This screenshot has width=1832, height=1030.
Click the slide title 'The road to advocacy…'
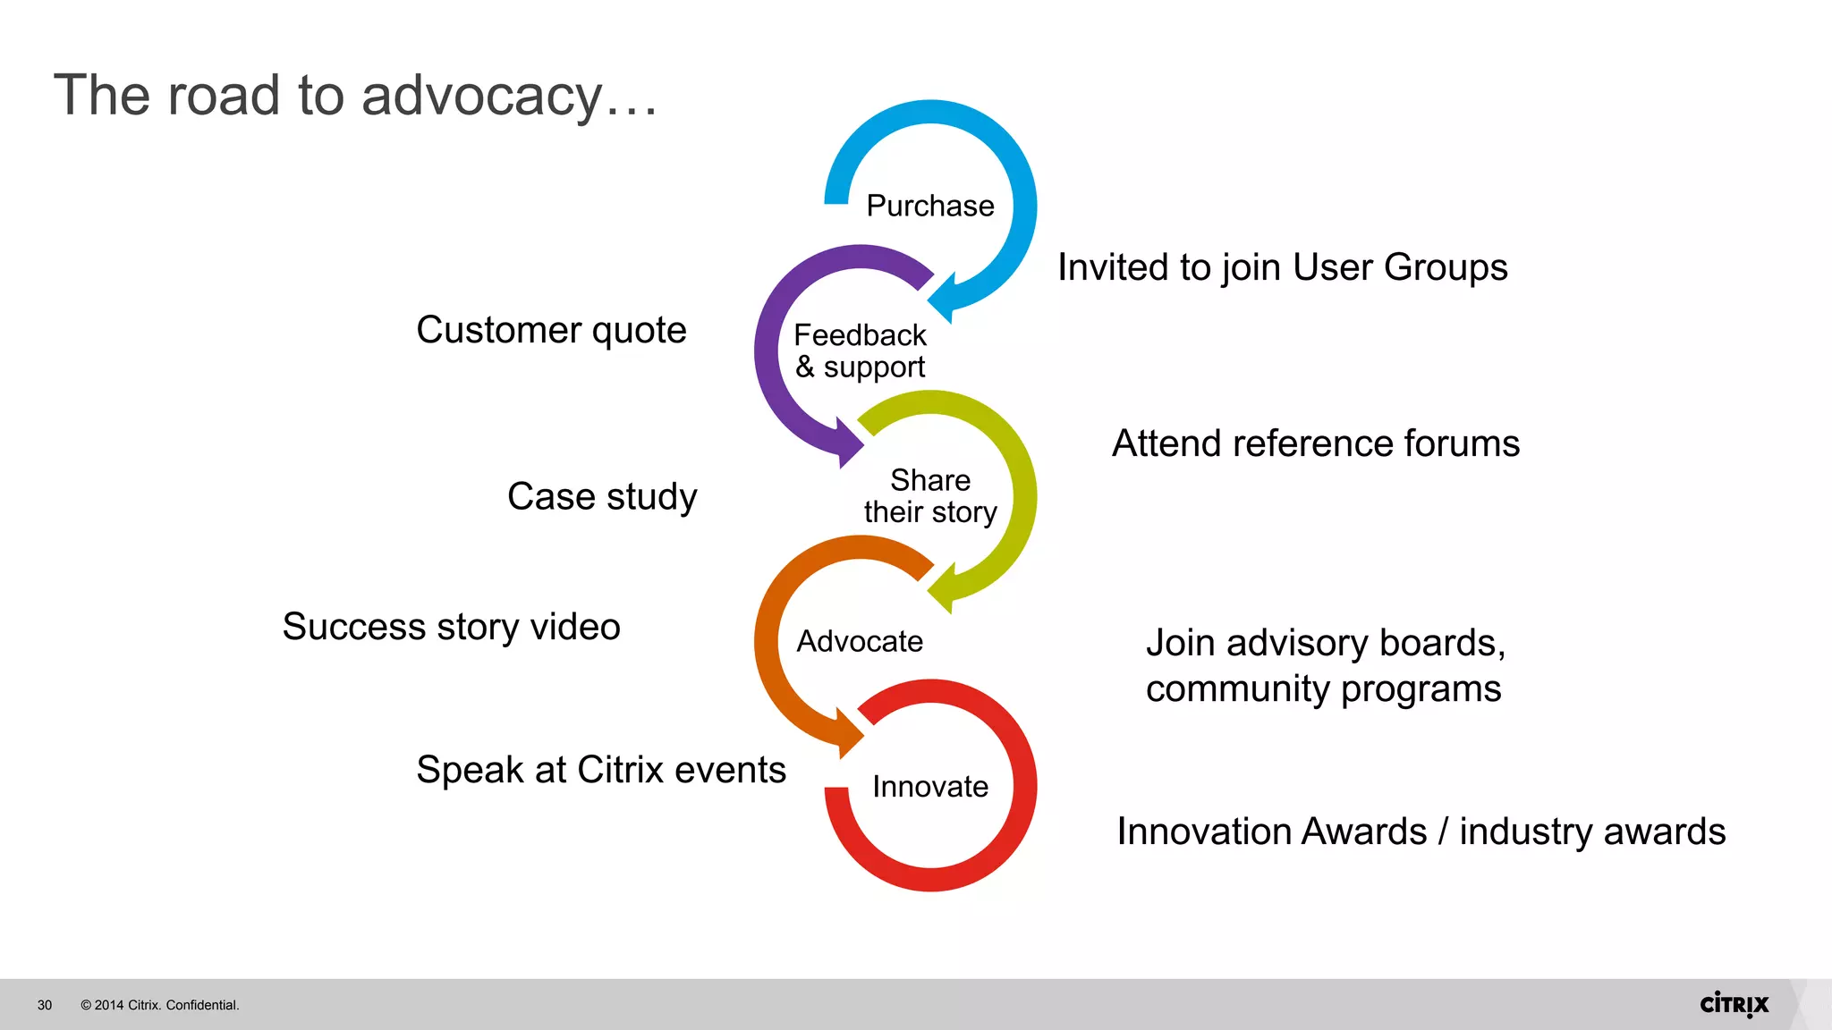coord(355,95)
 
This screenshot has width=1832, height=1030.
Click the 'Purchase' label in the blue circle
coord(929,206)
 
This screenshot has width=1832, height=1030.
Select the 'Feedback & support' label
coord(860,350)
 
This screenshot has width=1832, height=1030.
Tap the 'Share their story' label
coord(929,495)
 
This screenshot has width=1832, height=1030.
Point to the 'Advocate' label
coord(860,641)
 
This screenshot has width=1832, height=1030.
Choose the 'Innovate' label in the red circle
coord(929,786)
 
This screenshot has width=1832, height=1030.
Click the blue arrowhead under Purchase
coord(945,297)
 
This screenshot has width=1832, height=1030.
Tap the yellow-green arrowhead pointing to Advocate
coord(945,588)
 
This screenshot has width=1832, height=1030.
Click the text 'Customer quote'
coord(551,330)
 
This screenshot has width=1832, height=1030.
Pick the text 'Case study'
coord(601,496)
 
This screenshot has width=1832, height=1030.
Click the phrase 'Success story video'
coord(451,626)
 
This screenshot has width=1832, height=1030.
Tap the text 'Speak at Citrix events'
coord(600,770)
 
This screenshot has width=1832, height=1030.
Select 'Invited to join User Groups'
coord(1282,267)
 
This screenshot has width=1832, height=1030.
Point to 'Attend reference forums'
coord(1315,443)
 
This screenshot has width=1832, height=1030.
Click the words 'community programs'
coord(1323,688)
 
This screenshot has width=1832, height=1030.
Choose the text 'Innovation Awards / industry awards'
coord(1421,832)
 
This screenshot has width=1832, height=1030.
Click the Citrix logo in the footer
coord(1734,1004)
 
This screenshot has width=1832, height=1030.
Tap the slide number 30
coord(45,1005)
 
